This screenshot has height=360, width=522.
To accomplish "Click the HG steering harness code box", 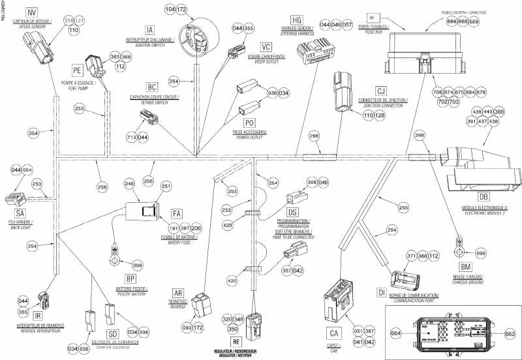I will [x=297, y=21].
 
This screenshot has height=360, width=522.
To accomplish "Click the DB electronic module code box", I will [x=484, y=196].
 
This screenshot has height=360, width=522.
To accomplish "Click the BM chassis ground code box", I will [x=466, y=268].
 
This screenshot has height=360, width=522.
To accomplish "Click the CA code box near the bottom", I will [x=333, y=334].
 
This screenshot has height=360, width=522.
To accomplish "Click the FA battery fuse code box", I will [x=177, y=214].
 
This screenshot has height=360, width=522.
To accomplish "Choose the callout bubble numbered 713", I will [x=132, y=138].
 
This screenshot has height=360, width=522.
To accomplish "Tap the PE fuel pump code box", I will [x=77, y=68].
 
